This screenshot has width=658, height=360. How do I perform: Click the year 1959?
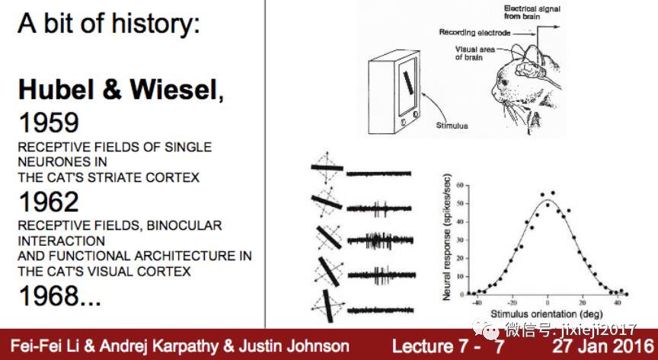coord(48,124)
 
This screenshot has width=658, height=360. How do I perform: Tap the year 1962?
coord(48,202)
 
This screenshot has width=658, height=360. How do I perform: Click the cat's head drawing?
coord(533,76)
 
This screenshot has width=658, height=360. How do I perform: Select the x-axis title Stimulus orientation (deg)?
coord(541,313)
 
